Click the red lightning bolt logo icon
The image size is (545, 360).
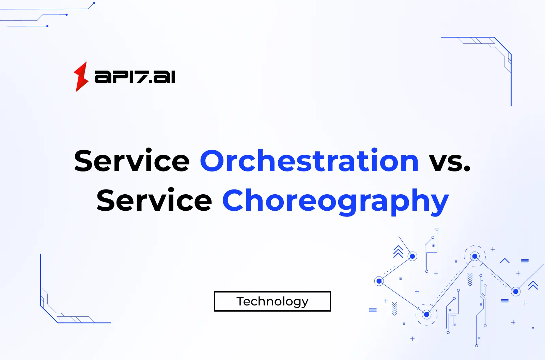point(81,77)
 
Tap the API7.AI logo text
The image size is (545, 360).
point(135,77)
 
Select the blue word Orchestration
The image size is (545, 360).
point(309,161)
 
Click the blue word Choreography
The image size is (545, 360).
point(336,201)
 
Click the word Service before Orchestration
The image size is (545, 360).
point(132,161)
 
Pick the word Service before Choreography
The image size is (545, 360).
point(154,200)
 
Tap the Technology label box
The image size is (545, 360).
point(272,301)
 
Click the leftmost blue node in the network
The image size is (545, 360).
point(379,281)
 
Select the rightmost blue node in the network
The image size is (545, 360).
point(516,291)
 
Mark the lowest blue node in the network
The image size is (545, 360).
point(426,314)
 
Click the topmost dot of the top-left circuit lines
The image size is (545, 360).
point(94,3)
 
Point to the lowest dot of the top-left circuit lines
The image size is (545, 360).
point(47,26)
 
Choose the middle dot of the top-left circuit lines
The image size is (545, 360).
point(66,15)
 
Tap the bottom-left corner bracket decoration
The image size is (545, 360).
point(58,307)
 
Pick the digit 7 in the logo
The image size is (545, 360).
point(139,77)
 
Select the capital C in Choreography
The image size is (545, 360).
point(235,200)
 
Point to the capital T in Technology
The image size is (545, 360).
point(241,301)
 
